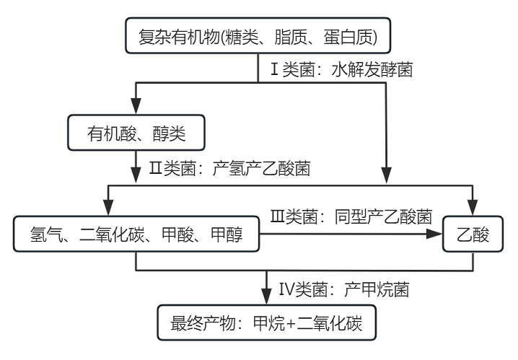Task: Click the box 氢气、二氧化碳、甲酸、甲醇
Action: pos(136,234)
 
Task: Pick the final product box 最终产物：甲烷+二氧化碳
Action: pos(268,325)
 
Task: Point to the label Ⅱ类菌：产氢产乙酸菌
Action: pos(229,170)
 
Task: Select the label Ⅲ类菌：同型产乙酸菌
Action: pos(351,216)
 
